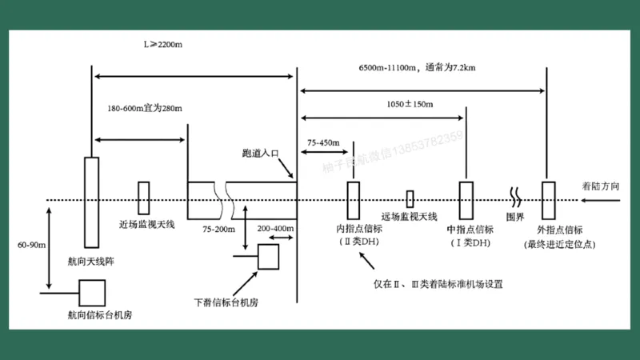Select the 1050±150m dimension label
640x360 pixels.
[410, 105]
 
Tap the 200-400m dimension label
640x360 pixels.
[275, 229]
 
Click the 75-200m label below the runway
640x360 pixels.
[218, 229]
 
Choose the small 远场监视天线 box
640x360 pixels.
[410, 199]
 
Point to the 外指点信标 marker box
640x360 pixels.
[547, 200]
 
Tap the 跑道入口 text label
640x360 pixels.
[261, 152]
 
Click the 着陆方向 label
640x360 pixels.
[601, 186]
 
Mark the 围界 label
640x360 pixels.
[515, 217]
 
